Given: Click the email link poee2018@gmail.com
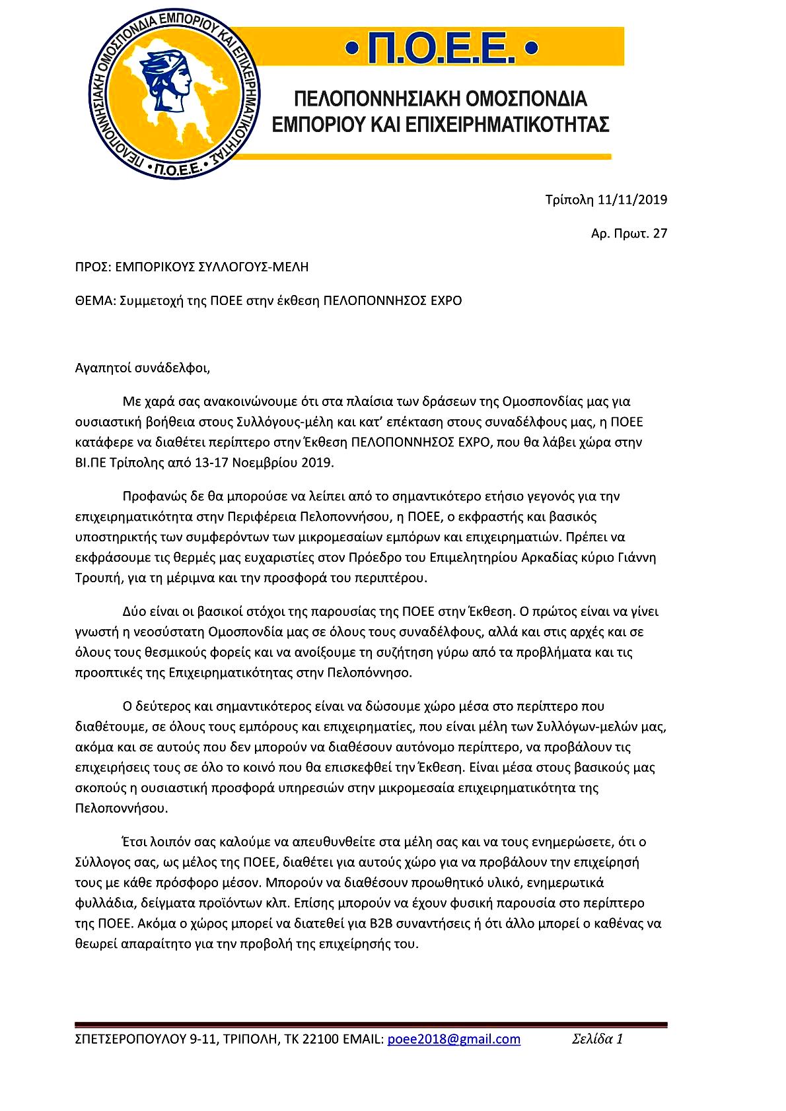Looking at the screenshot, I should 454,1039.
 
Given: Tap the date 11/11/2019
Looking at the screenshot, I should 632,199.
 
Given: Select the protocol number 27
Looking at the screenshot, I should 660,233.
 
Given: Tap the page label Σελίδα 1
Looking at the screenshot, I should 597,1039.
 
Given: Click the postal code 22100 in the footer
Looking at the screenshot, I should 322,1040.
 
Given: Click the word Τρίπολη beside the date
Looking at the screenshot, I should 569,199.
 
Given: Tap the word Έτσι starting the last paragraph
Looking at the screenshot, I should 135,842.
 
